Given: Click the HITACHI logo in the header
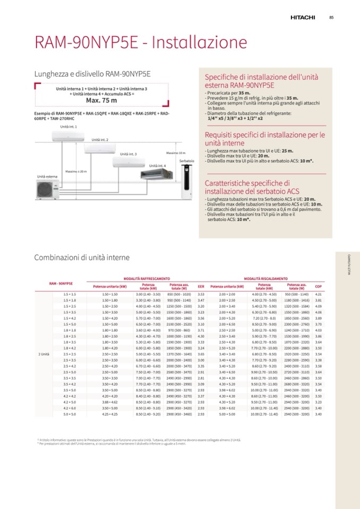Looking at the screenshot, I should coord(303,18).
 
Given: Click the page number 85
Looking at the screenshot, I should coord(331,18).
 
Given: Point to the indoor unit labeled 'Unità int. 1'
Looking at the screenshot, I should coord(68,135).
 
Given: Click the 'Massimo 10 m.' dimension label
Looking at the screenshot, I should coord(176,153).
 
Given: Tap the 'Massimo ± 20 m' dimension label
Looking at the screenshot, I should coord(76,171).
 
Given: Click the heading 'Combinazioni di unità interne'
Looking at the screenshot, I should coord(82,257).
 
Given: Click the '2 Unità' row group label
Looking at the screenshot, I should coord(44,353).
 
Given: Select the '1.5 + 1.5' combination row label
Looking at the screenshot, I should coord(70,294).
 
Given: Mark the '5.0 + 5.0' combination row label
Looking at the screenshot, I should coord(70,414).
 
